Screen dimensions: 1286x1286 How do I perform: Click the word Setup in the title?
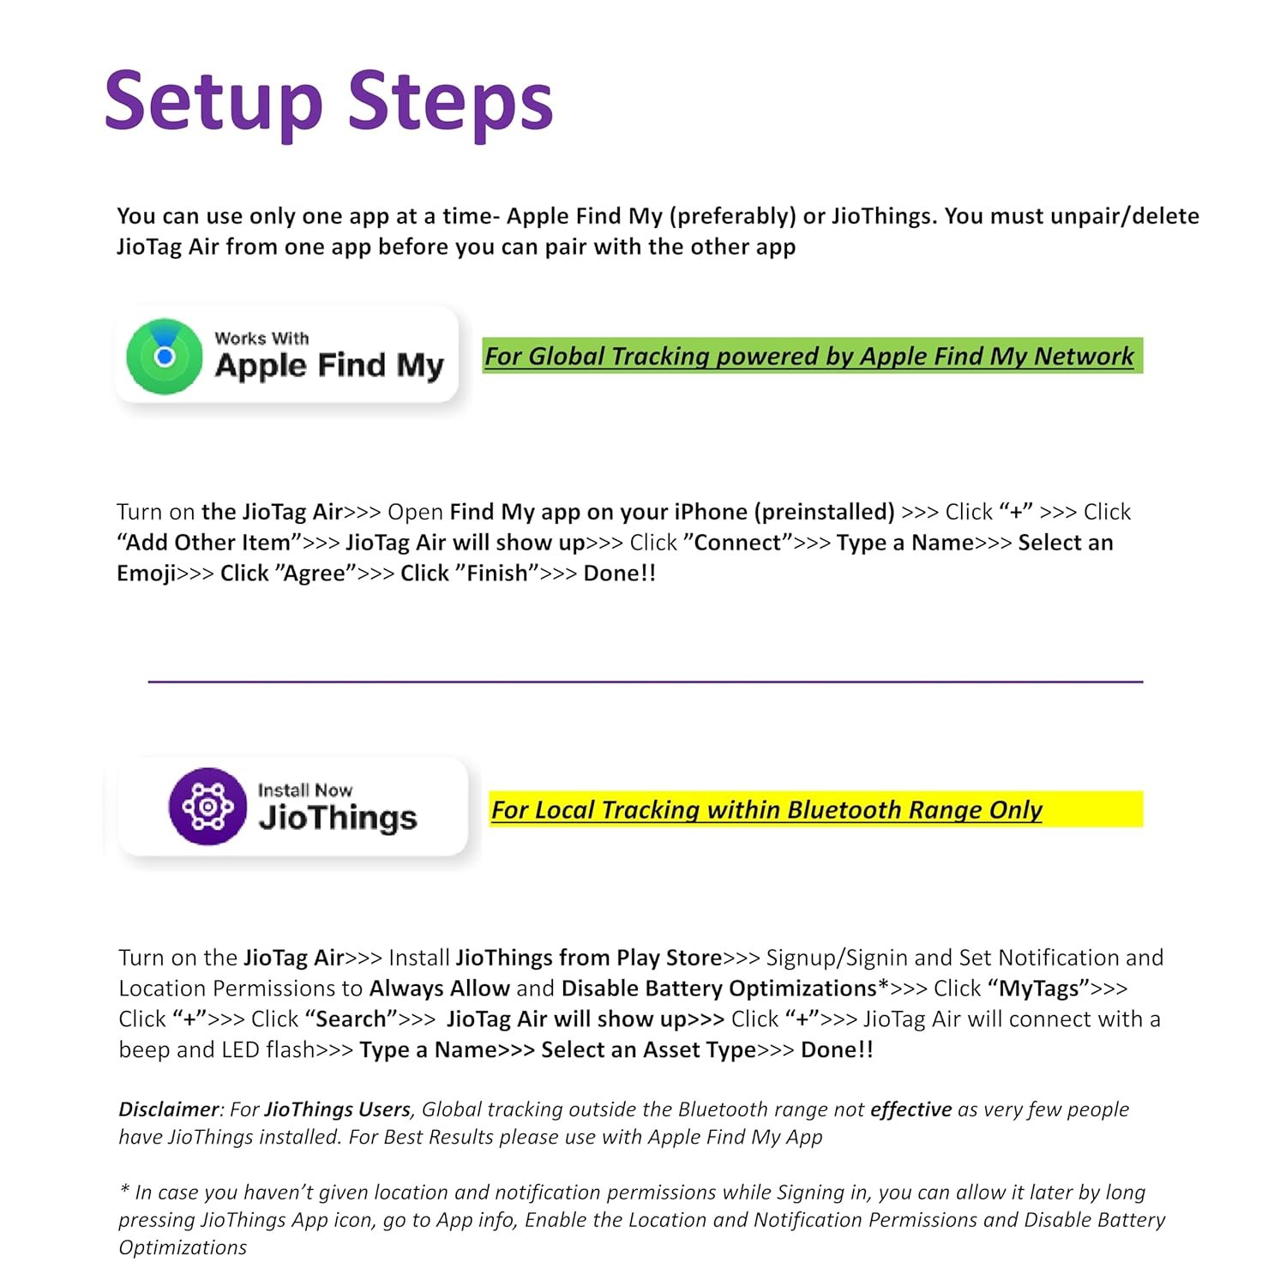tap(213, 102)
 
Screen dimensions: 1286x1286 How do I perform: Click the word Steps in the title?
tap(451, 102)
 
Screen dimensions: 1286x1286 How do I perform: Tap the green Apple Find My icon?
tap(165, 356)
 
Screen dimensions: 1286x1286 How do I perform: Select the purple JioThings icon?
tap(207, 806)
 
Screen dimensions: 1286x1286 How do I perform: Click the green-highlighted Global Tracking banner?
tap(811, 356)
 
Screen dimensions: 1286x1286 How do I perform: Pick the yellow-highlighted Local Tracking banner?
tap(814, 809)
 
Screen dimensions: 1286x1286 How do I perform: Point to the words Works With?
tap(261, 339)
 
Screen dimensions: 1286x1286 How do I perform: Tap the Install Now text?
tap(305, 790)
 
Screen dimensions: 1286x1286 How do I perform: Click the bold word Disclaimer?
tap(169, 1109)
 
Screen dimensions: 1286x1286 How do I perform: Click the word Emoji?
tap(147, 574)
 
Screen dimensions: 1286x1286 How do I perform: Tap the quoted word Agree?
tap(314, 574)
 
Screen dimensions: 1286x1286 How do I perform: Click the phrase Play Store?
tap(670, 958)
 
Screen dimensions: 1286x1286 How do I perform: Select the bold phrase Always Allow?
tap(439, 989)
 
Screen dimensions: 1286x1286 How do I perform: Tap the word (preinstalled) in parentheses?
tap(825, 512)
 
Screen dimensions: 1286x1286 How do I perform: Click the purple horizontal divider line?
tap(645, 682)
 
